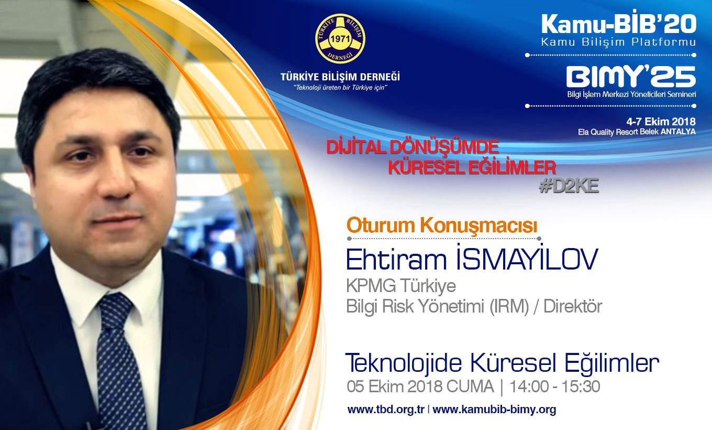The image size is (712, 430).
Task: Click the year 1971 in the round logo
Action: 340,39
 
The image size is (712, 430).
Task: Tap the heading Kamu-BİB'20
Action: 619,24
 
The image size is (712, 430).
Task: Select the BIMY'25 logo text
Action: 631,77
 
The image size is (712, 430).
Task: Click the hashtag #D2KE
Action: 569,186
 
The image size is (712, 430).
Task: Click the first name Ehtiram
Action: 396,260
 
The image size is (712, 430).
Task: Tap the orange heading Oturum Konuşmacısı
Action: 442,225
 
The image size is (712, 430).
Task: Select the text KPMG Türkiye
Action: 401,285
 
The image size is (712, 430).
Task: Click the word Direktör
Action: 573,306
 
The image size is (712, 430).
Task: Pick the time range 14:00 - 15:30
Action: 554,386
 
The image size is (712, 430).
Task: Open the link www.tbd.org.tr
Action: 386,410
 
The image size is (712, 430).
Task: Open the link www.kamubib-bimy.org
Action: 494,410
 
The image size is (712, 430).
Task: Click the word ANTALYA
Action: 678,132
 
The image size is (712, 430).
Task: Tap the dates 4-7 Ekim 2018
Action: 661,121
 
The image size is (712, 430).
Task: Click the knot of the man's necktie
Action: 115,310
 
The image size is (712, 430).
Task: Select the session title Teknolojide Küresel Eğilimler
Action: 502,363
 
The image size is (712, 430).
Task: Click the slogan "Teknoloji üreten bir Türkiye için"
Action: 340,88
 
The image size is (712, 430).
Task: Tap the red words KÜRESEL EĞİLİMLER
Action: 472,167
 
